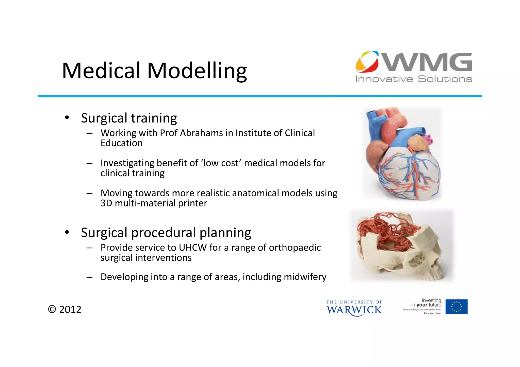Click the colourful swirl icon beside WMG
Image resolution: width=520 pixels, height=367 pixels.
tap(367, 62)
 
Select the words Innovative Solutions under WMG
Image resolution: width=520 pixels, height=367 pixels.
tap(413, 79)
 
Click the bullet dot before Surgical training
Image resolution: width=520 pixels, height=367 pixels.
tap(67, 118)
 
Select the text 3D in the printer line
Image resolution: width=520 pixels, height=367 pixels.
tap(106, 203)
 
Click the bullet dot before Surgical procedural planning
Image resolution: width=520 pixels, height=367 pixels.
tap(67, 232)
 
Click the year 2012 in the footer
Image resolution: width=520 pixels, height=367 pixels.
tap(70, 310)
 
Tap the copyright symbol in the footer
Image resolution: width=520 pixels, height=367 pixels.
tap(52, 310)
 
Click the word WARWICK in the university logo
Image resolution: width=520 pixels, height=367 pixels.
tap(354, 310)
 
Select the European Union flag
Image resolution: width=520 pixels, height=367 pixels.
tap(456, 307)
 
